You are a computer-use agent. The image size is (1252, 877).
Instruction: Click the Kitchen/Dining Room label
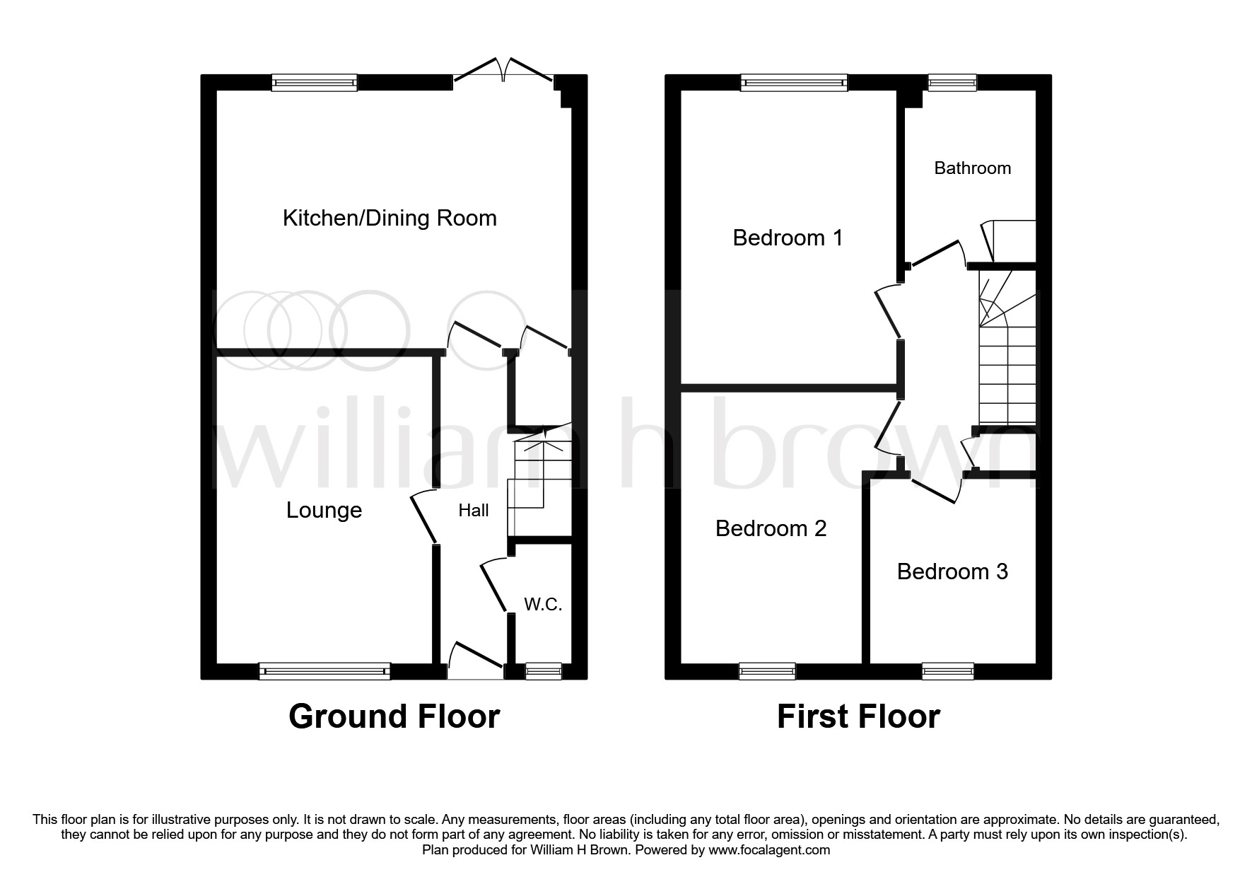[390, 218]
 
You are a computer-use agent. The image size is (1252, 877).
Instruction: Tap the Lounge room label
[324, 510]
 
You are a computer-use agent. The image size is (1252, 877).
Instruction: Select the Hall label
[473, 510]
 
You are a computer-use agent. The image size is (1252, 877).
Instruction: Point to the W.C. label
[543, 604]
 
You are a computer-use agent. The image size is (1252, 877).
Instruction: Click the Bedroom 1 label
[788, 238]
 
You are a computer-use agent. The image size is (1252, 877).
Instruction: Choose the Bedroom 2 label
[771, 528]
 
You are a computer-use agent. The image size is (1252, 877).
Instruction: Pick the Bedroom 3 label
[952, 571]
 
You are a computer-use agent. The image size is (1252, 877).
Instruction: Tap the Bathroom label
[972, 168]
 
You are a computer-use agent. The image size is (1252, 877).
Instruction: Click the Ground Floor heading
[394, 716]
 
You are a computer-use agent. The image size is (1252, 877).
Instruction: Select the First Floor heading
[858, 716]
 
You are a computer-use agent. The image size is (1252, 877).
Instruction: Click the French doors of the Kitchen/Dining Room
[503, 71]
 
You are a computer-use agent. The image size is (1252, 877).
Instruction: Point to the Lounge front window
[324, 670]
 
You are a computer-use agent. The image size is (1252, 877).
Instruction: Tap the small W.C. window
[544, 670]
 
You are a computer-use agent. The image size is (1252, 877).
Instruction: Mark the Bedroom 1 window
[794, 83]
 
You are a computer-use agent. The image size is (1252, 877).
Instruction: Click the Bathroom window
[952, 83]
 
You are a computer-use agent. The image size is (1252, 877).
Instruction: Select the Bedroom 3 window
[948, 670]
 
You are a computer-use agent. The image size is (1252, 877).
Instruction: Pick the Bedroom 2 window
[767, 670]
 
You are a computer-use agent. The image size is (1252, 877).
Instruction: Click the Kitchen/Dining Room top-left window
[315, 83]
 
